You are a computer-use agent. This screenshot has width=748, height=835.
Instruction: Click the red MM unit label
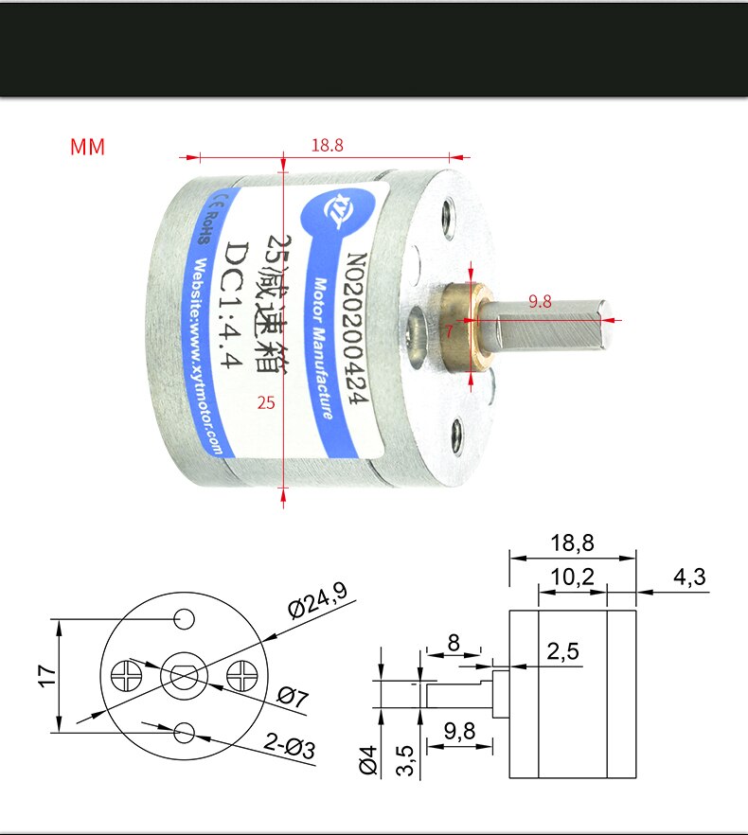[x=87, y=148]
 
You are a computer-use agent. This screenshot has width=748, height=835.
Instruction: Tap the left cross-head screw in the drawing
[x=126, y=675]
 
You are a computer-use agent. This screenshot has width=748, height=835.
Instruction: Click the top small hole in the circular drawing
[x=184, y=618]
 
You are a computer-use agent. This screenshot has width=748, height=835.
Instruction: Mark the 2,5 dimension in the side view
[x=562, y=651]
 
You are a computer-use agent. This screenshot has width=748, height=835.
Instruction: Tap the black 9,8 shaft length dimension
[x=460, y=731]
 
